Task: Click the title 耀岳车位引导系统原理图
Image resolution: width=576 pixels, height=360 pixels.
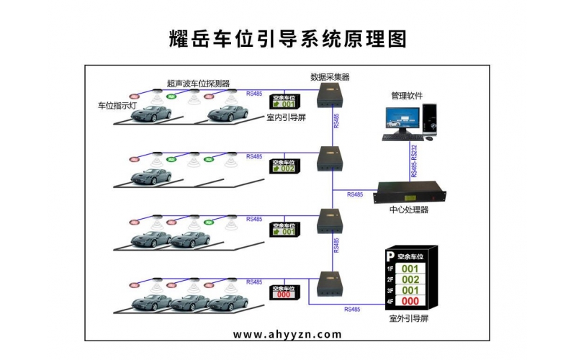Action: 287,37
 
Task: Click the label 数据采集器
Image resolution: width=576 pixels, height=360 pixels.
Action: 330,77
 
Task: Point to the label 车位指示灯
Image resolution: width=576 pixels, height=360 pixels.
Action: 117,105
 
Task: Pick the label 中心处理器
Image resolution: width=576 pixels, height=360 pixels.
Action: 409,210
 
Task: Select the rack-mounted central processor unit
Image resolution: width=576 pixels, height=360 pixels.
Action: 411,193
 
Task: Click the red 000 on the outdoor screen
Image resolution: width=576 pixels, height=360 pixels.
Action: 410,301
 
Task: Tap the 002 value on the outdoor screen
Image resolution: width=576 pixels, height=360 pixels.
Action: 410,279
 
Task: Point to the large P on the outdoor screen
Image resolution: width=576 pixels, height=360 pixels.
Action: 390,256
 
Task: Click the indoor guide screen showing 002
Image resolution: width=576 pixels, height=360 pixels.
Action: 284,168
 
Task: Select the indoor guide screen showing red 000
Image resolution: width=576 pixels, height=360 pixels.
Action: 284,292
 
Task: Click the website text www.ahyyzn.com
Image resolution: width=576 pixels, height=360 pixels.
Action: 288,334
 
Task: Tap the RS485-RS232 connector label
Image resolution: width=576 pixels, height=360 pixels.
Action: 414,160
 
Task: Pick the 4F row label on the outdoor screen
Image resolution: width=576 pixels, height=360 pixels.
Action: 390,301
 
